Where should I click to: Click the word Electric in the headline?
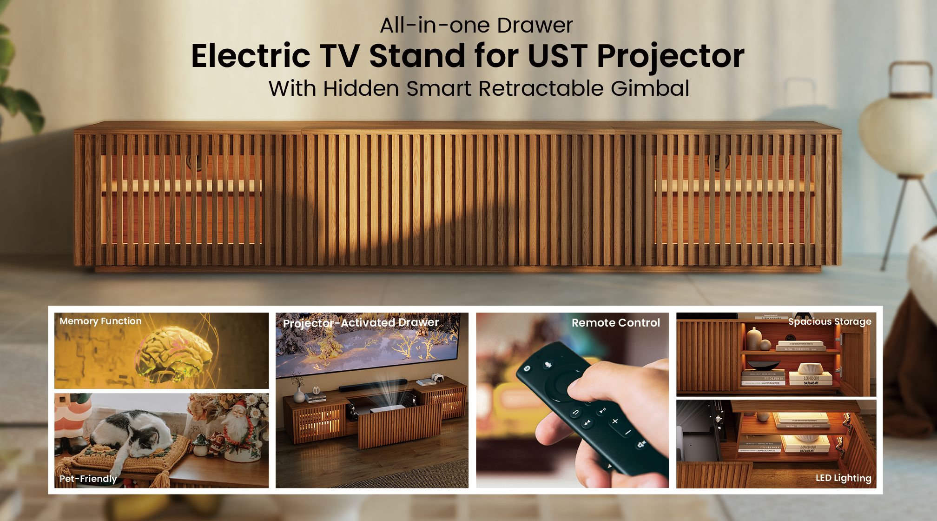(x=251, y=56)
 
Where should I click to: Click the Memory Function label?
(x=100, y=321)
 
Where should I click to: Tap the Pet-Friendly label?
(x=88, y=479)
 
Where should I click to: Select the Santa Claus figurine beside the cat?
(x=239, y=428)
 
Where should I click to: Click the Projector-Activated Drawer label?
(x=361, y=323)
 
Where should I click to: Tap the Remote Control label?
(x=615, y=323)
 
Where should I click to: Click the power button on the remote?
(x=527, y=368)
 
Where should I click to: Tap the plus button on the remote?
(x=615, y=421)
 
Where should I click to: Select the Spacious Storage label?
(x=830, y=321)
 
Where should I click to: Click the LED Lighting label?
(x=843, y=478)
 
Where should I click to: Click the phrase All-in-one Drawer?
(x=476, y=25)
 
